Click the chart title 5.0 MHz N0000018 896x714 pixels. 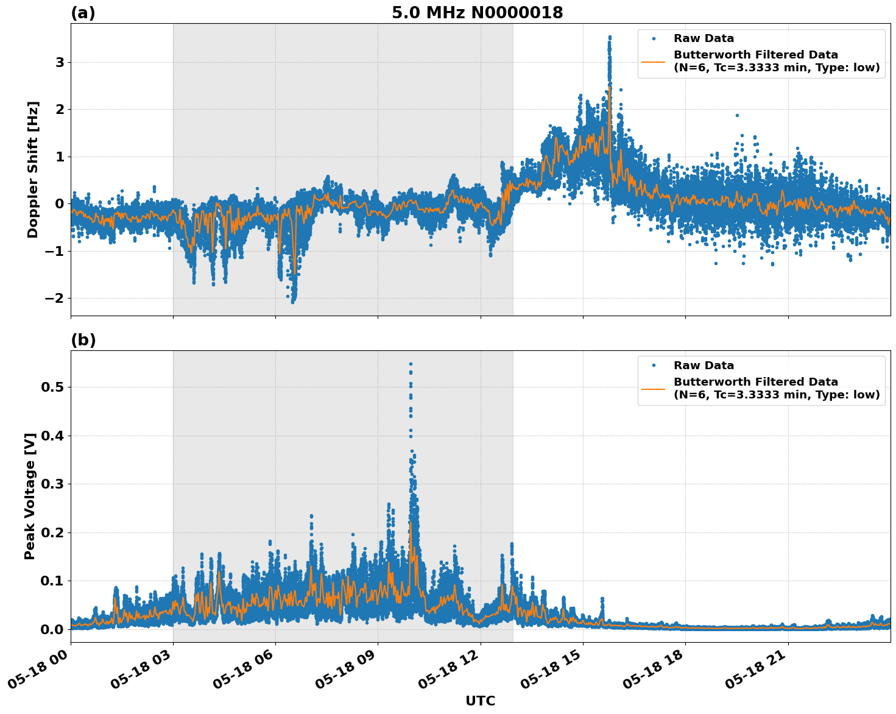tap(477, 13)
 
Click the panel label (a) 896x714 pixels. tap(83, 13)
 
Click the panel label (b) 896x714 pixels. tap(83, 340)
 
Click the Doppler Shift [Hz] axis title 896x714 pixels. tap(33, 169)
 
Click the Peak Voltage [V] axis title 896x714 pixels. tap(30, 496)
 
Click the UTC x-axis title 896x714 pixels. tap(480, 701)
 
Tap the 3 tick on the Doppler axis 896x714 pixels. tap(60, 62)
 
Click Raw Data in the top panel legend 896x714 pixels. tap(704, 38)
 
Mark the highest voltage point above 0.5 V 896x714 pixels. tap(411, 364)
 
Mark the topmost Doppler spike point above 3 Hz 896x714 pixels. tap(610, 37)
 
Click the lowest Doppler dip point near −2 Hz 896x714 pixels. tap(292, 302)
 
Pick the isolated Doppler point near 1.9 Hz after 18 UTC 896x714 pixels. tap(736, 115)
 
